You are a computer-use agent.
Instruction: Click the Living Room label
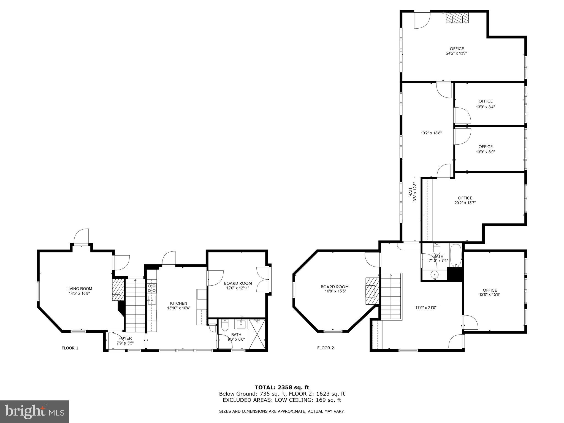[79, 289]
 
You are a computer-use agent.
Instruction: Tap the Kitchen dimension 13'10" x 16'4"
[178, 308]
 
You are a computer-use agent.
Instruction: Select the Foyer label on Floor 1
[125, 338]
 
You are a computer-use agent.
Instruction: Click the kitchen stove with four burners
[151, 288]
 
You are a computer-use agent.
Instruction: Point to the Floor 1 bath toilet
[225, 326]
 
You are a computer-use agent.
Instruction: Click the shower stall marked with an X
[257, 334]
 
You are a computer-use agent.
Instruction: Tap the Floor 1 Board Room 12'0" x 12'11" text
[238, 288]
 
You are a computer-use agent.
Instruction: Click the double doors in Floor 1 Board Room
[263, 279]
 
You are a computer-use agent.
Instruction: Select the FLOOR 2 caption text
[326, 348]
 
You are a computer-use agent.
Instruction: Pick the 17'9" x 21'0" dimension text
[426, 308]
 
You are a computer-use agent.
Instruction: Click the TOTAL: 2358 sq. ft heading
[282, 387]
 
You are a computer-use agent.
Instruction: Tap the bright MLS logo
[34, 412]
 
